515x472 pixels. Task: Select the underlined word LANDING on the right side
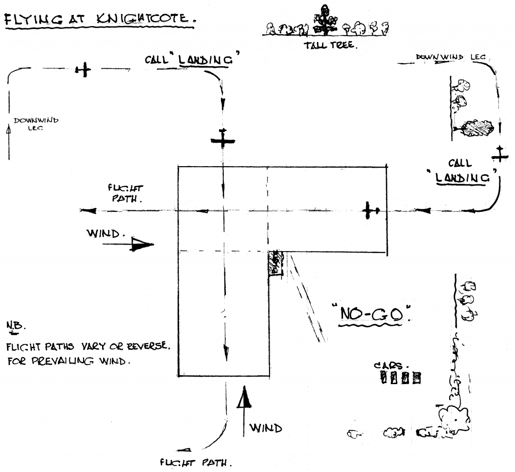[462, 177]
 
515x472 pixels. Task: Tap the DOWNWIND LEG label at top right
[451, 58]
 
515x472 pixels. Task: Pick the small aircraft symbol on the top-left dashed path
[83, 70]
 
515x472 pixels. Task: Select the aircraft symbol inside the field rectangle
[371, 211]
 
